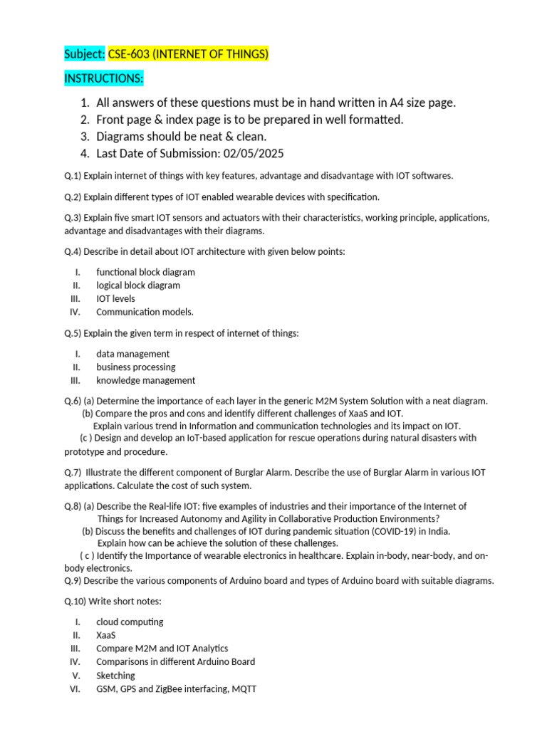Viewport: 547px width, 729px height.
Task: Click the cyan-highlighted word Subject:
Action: [85, 54]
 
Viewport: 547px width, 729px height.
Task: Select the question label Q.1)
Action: [73, 176]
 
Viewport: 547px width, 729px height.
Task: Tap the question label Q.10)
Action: [75, 602]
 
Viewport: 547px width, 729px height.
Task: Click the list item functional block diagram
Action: [145, 272]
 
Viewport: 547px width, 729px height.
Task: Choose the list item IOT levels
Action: [115, 298]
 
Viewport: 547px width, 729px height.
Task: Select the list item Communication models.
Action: [145, 312]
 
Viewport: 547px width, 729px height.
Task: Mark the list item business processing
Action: [135, 367]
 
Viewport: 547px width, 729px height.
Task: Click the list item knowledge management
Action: [145, 380]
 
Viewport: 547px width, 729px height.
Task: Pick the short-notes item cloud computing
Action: [130, 622]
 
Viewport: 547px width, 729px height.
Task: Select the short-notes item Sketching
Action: [115, 675]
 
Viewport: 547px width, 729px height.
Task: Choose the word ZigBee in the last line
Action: [167, 688]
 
